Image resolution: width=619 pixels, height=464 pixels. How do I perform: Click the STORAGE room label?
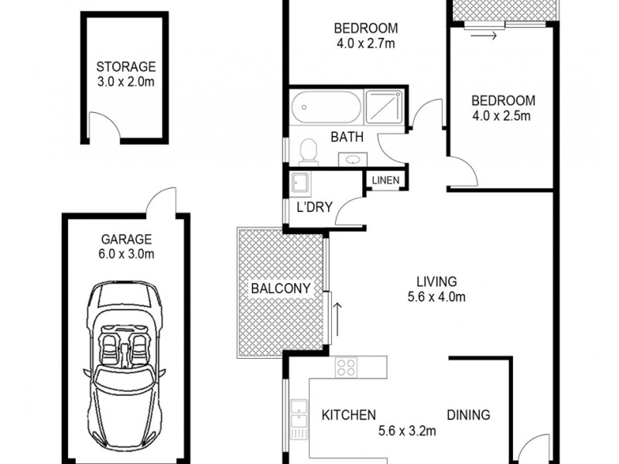coord(126,67)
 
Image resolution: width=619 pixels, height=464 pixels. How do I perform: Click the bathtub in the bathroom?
coord(326,107)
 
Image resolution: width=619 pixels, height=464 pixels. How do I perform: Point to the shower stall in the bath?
coord(384,107)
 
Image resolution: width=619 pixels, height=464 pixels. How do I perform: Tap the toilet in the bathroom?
coord(308,150)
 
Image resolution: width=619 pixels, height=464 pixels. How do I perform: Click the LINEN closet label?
coord(385,181)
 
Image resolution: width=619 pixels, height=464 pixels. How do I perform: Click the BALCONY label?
coord(280,289)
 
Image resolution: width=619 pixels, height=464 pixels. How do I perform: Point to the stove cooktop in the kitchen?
coord(346,367)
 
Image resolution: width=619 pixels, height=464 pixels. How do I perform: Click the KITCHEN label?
coord(348,415)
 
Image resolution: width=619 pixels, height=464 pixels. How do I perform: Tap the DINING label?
coord(468,415)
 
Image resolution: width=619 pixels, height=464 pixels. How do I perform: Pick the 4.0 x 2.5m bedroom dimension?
coord(502,117)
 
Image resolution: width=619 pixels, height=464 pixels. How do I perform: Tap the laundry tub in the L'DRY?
coord(299,183)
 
